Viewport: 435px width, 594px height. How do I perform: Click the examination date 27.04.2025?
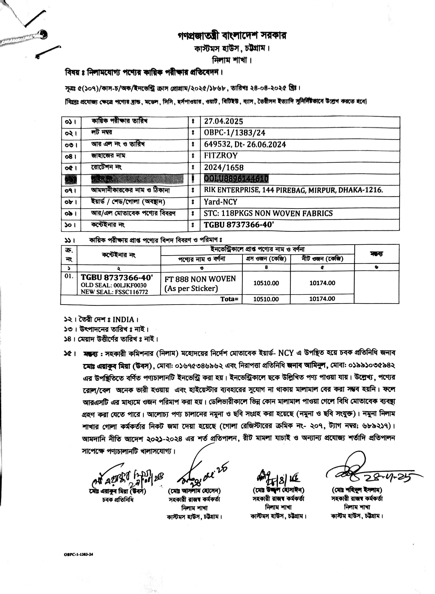point(223,121)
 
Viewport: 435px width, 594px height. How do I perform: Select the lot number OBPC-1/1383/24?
point(234,133)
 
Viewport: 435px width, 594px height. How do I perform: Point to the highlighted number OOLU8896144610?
point(236,179)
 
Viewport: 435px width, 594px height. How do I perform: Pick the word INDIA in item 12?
point(123,320)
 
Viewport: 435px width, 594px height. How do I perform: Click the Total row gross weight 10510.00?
point(266,299)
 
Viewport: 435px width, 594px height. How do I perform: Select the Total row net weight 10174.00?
point(322,299)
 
